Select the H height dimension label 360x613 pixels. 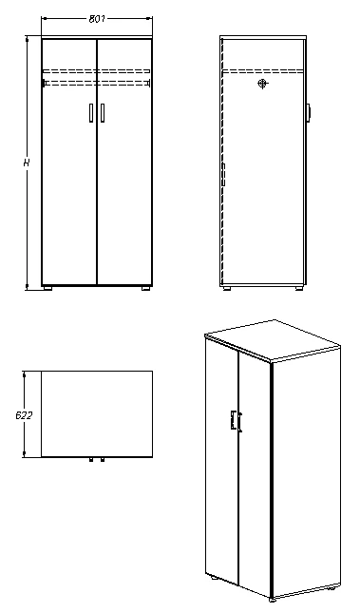click(x=26, y=163)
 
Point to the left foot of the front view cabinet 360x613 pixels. click(x=48, y=287)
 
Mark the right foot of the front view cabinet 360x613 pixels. click(x=144, y=287)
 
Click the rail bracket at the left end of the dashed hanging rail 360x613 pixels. click(x=44, y=84)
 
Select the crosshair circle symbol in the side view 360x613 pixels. click(x=261, y=84)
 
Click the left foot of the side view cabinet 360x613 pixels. click(x=225, y=287)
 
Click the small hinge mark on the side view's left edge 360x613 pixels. click(x=222, y=177)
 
